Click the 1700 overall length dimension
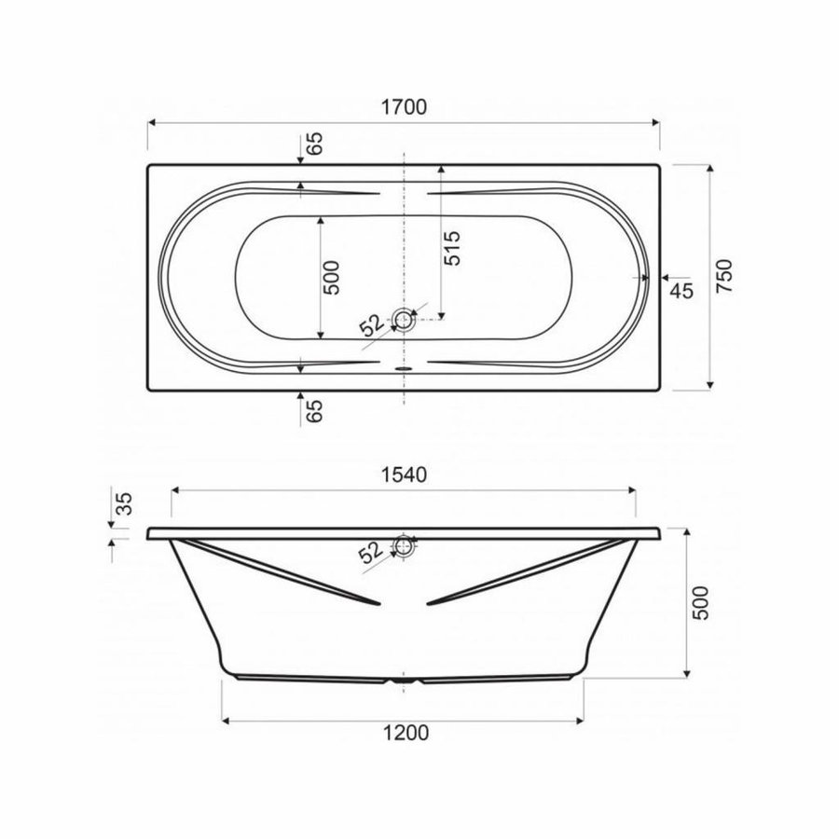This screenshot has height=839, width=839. pyautogui.click(x=404, y=107)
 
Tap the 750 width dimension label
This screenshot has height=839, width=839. pyautogui.click(x=724, y=276)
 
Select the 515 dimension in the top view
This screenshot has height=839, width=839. pyautogui.click(x=452, y=248)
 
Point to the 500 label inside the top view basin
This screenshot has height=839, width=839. pyautogui.click(x=332, y=277)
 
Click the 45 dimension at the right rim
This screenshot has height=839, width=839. pyautogui.click(x=681, y=291)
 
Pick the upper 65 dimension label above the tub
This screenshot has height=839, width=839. pyautogui.click(x=315, y=143)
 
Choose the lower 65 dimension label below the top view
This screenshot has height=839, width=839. pyautogui.click(x=315, y=411)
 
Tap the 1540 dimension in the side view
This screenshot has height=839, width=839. pyautogui.click(x=404, y=475)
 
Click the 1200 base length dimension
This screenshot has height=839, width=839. pyautogui.click(x=406, y=733)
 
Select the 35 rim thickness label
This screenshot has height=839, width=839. pyautogui.click(x=124, y=503)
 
